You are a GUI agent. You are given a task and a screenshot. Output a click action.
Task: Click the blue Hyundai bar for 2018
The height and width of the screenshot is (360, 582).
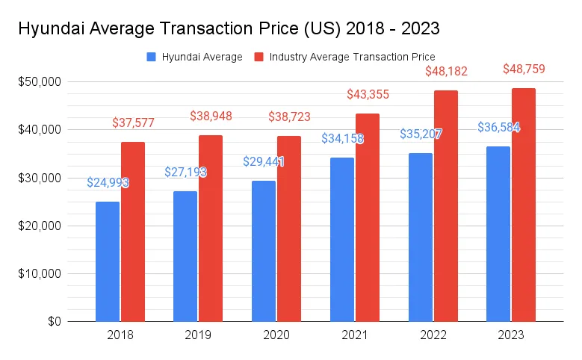point(107,261)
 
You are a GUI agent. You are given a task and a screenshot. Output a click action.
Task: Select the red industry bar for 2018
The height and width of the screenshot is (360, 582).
point(133,232)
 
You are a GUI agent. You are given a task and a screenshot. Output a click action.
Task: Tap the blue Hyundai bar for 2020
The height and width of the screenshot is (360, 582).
point(263,251)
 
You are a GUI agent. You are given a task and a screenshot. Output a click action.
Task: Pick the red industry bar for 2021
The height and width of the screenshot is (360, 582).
point(367,217)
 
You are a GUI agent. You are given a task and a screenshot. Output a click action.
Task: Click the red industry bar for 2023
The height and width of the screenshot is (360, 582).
point(523,205)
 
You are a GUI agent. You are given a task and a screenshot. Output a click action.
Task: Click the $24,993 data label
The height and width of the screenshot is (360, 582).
point(107,182)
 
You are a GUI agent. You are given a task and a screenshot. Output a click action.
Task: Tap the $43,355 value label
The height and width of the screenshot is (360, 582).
point(368,95)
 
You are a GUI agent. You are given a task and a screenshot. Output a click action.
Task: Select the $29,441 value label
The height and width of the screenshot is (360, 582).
point(263,161)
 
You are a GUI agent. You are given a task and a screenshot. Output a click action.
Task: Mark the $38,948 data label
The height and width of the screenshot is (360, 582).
point(211,117)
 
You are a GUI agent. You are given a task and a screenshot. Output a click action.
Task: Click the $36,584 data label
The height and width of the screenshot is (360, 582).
point(498,128)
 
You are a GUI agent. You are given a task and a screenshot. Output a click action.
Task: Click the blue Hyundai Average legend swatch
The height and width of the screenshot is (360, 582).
point(152,57)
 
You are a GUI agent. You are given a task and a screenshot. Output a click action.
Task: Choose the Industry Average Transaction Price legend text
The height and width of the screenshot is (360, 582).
point(352,57)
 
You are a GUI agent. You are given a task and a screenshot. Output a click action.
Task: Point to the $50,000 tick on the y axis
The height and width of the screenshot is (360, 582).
point(41,81)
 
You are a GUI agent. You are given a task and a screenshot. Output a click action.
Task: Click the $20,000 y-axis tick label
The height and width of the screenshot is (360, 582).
point(41,226)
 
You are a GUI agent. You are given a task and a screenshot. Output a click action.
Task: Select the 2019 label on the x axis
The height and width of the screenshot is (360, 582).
point(199,335)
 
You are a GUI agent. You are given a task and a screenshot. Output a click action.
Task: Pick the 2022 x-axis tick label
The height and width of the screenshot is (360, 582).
point(432,335)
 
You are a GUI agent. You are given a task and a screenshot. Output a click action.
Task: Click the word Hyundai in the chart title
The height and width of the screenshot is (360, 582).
point(58,29)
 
